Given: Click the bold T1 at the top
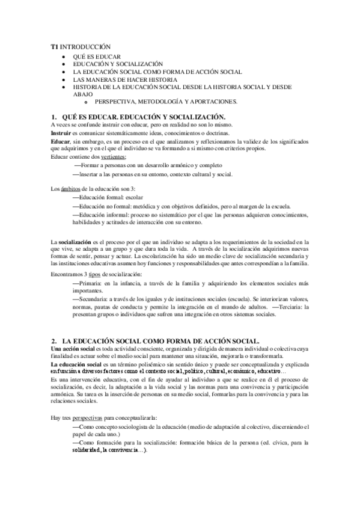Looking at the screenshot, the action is (53, 46).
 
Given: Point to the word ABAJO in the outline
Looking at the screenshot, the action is (83, 94).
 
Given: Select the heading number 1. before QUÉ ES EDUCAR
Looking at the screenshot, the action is (53, 115).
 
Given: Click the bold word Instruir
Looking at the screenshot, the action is (61, 131).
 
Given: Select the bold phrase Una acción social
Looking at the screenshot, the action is (73, 348).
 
